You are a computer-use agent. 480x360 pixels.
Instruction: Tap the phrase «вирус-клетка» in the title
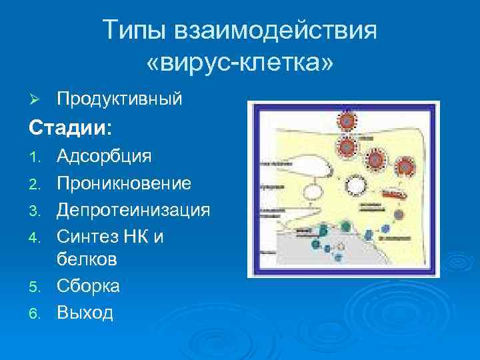(x=239, y=63)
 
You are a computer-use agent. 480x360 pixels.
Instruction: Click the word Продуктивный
(x=119, y=99)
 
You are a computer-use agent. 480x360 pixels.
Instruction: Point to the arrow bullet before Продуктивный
(x=37, y=100)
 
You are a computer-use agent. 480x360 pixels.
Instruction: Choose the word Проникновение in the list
(x=124, y=183)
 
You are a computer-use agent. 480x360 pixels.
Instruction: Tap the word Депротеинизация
(x=133, y=210)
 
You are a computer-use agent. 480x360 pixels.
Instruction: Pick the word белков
(x=87, y=259)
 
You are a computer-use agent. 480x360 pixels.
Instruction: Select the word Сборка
(x=88, y=286)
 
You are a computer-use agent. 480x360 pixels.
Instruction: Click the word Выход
(x=85, y=311)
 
